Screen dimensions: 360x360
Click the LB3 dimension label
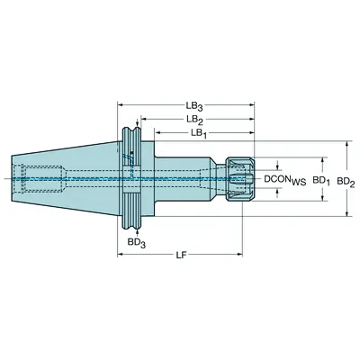tap(194, 106)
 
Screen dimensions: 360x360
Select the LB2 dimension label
tap(194, 120)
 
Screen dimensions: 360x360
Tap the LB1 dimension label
tap(199, 133)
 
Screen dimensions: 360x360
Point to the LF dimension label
tap(181, 255)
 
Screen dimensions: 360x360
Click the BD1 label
tap(321, 180)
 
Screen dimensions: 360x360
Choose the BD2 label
tap(346, 181)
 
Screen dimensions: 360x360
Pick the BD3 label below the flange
tap(137, 243)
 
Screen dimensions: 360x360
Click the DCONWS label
tap(284, 180)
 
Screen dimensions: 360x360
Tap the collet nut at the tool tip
tap(240, 179)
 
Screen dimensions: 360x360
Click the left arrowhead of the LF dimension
tap(120, 255)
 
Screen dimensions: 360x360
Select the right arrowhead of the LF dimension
tap(239, 255)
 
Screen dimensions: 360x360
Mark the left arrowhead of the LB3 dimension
tap(120, 105)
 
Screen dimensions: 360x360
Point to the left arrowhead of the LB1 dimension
tap(157, 133)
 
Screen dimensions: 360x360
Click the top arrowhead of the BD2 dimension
tap(347, 144)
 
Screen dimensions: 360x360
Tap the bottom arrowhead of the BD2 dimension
tap(347, 213)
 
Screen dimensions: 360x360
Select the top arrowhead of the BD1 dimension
tap(323, 160)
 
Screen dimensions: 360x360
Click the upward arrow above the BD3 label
tap(138, 231)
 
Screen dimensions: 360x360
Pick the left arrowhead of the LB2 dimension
tap(144, 119)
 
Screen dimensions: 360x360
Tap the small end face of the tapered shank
tap(12, 179)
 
